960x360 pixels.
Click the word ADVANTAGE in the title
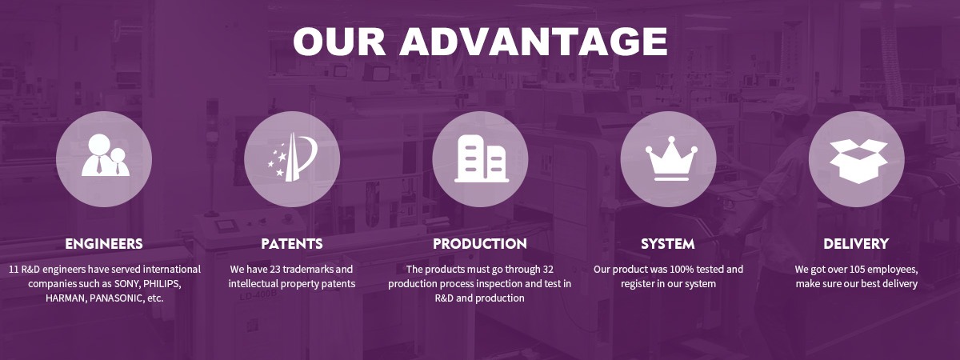(534, 41)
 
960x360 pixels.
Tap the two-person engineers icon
(106, 155)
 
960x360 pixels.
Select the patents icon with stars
(292, 157)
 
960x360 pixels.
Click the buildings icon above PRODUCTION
(482, 158)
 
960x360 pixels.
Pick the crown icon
(671, 158)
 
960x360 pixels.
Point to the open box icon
(858, 161)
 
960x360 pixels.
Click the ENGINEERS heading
(104, 244)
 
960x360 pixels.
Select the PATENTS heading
(292, 244)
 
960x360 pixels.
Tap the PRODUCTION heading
(480, 244)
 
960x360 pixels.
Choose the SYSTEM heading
(668, 244)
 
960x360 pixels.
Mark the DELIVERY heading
(856, 244)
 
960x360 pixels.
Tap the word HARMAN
(66, 298)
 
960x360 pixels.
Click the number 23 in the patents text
(275, 270)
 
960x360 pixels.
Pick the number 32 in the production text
(548, 270)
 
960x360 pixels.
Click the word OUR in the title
(339, 41)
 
